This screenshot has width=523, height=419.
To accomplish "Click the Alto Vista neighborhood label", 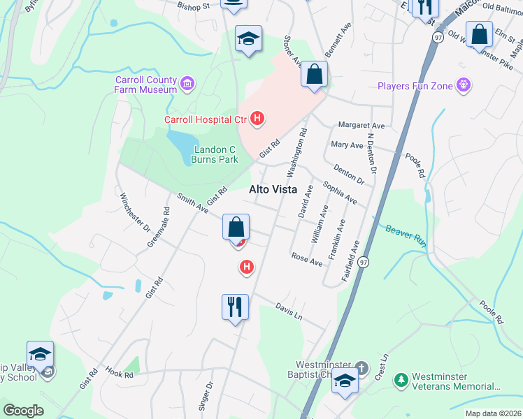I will pos(273,189).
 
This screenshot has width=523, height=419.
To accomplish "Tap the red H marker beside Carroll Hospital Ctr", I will pos(257,119).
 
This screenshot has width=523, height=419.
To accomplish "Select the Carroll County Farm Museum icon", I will pos(187,84).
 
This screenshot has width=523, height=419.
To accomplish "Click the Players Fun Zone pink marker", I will pos(463,86).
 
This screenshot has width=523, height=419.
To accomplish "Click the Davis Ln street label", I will pos(288,311).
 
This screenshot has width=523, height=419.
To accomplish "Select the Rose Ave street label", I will pos(306,259).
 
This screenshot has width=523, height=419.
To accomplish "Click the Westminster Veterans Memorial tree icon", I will pos(401,380).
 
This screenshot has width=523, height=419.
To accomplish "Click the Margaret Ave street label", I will pos(361,126).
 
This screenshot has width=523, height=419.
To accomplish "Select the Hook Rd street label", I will pos(120,374).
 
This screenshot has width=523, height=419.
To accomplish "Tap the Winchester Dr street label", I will pos(135,212).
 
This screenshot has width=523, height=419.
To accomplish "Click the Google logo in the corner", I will pos(24,410).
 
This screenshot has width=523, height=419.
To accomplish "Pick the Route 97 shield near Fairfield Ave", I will pos(361,261).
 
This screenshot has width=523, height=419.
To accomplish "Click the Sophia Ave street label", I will pos(339,193).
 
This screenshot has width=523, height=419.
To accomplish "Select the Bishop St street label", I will pos(193,6).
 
